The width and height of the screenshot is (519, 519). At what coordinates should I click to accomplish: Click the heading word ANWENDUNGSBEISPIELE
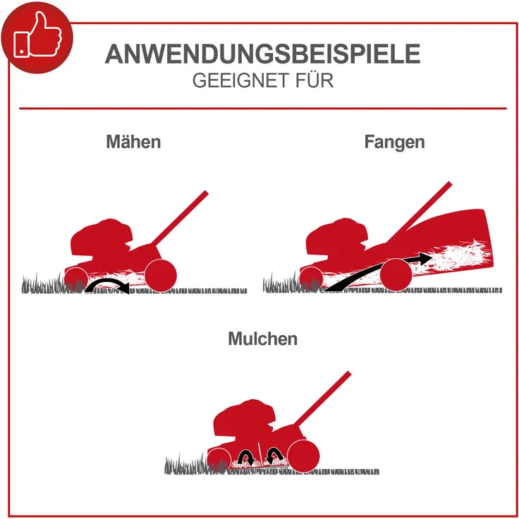coord(262,54)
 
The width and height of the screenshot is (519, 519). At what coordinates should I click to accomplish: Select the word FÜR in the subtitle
coord(310,80)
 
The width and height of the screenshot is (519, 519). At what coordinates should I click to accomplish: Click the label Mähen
coord(133,141)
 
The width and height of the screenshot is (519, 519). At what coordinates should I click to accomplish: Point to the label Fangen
coord(394,141)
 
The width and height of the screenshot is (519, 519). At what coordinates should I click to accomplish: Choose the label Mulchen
coord(262,338)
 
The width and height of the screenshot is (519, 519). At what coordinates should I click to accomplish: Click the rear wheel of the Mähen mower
coord(161,274)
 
